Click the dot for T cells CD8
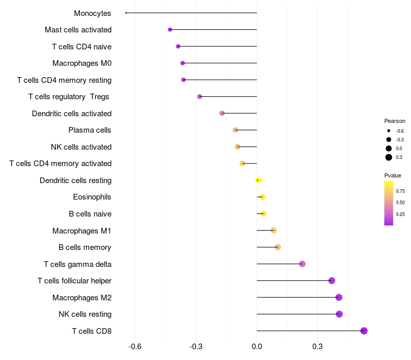click(x=364, y=331)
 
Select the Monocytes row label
click(x=92, y=13)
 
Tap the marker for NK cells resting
click(x=339, y=314)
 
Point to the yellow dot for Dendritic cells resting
click(x=258, y=180)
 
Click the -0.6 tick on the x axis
click(x=135, y=347)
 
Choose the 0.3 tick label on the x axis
click(x=317, y=347)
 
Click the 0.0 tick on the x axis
click(x=257, y=347)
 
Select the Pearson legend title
click(x=395, y=121)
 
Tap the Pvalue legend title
click(x=393, y=175)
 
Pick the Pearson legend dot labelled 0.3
click(x=389, y=157)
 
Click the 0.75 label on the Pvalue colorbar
click(x=400, y=191)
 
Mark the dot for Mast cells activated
click(x=170, y=30)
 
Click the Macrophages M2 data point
click(x=339, y=297)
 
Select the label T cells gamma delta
click(x=78, y=264)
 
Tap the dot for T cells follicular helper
click(x=332, y=281)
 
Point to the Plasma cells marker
click(x=235, y=130)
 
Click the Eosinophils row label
click(x=92, y=197)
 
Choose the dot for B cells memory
click(x=278, y=247)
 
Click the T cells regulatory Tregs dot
click(x=200, y=97)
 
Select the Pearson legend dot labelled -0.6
click(x=389, y=131)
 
